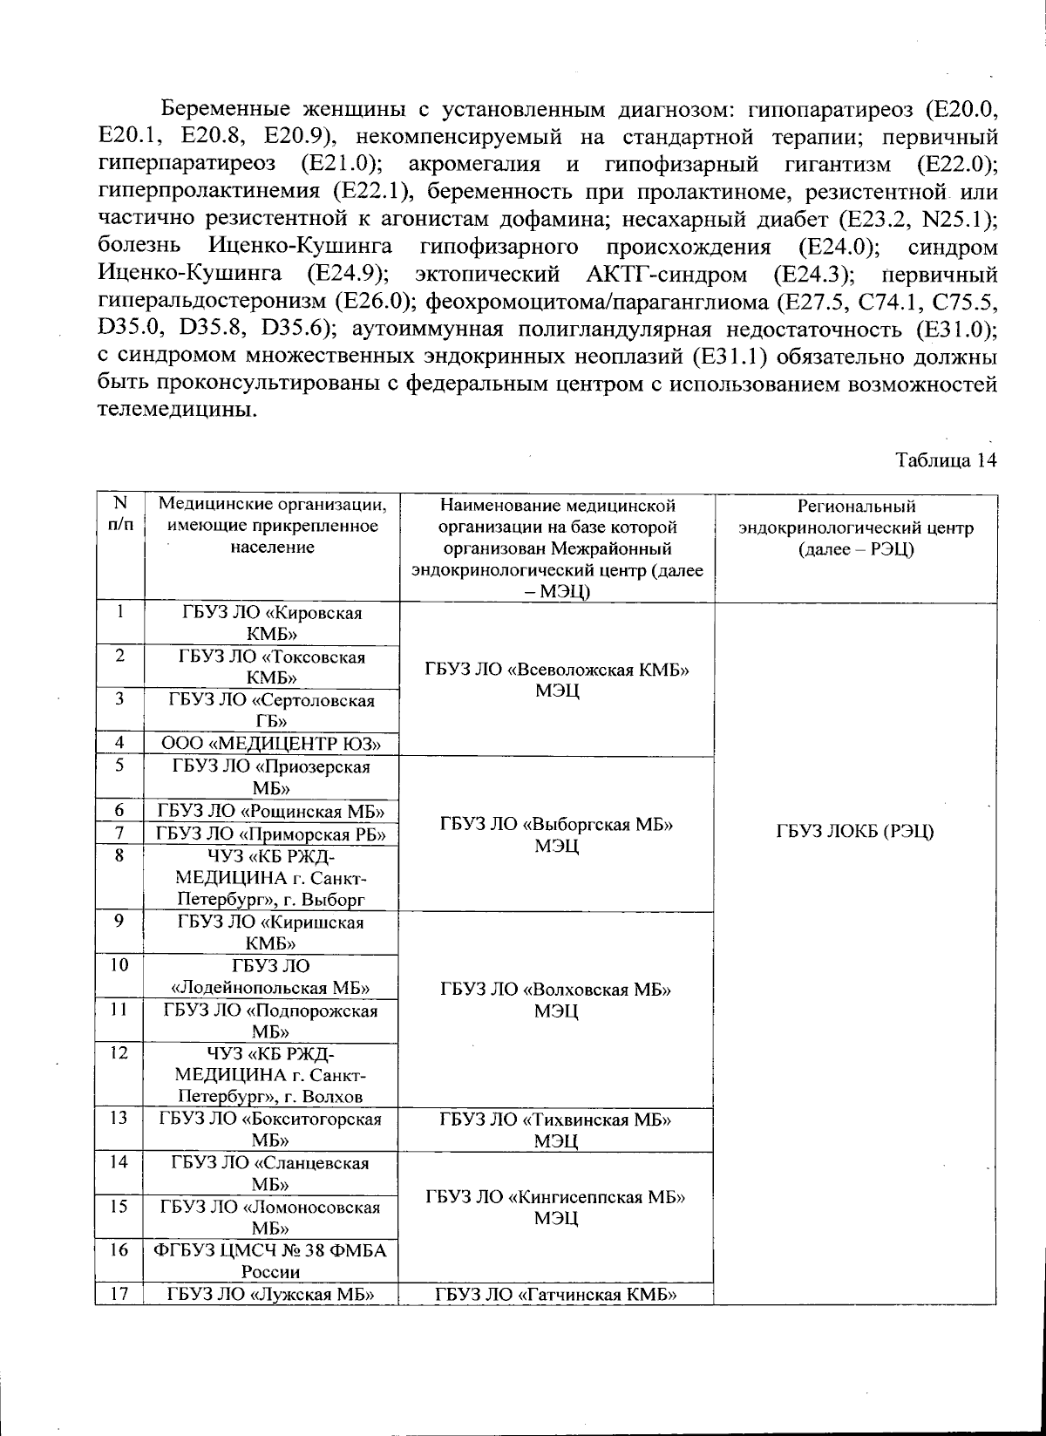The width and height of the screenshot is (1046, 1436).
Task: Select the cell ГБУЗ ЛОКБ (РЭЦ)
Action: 854,832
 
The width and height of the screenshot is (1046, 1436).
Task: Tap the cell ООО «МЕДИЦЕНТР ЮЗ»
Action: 271,744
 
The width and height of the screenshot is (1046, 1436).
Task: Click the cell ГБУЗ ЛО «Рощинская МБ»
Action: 271,812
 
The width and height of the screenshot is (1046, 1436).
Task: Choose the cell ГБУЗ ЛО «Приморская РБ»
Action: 271,834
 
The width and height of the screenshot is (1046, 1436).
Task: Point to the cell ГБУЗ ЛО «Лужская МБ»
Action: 271,1294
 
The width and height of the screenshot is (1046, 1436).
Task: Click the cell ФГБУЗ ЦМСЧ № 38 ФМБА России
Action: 271,1261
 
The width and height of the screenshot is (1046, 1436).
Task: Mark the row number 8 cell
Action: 119,856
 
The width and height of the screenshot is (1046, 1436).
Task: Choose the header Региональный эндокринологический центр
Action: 855,528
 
